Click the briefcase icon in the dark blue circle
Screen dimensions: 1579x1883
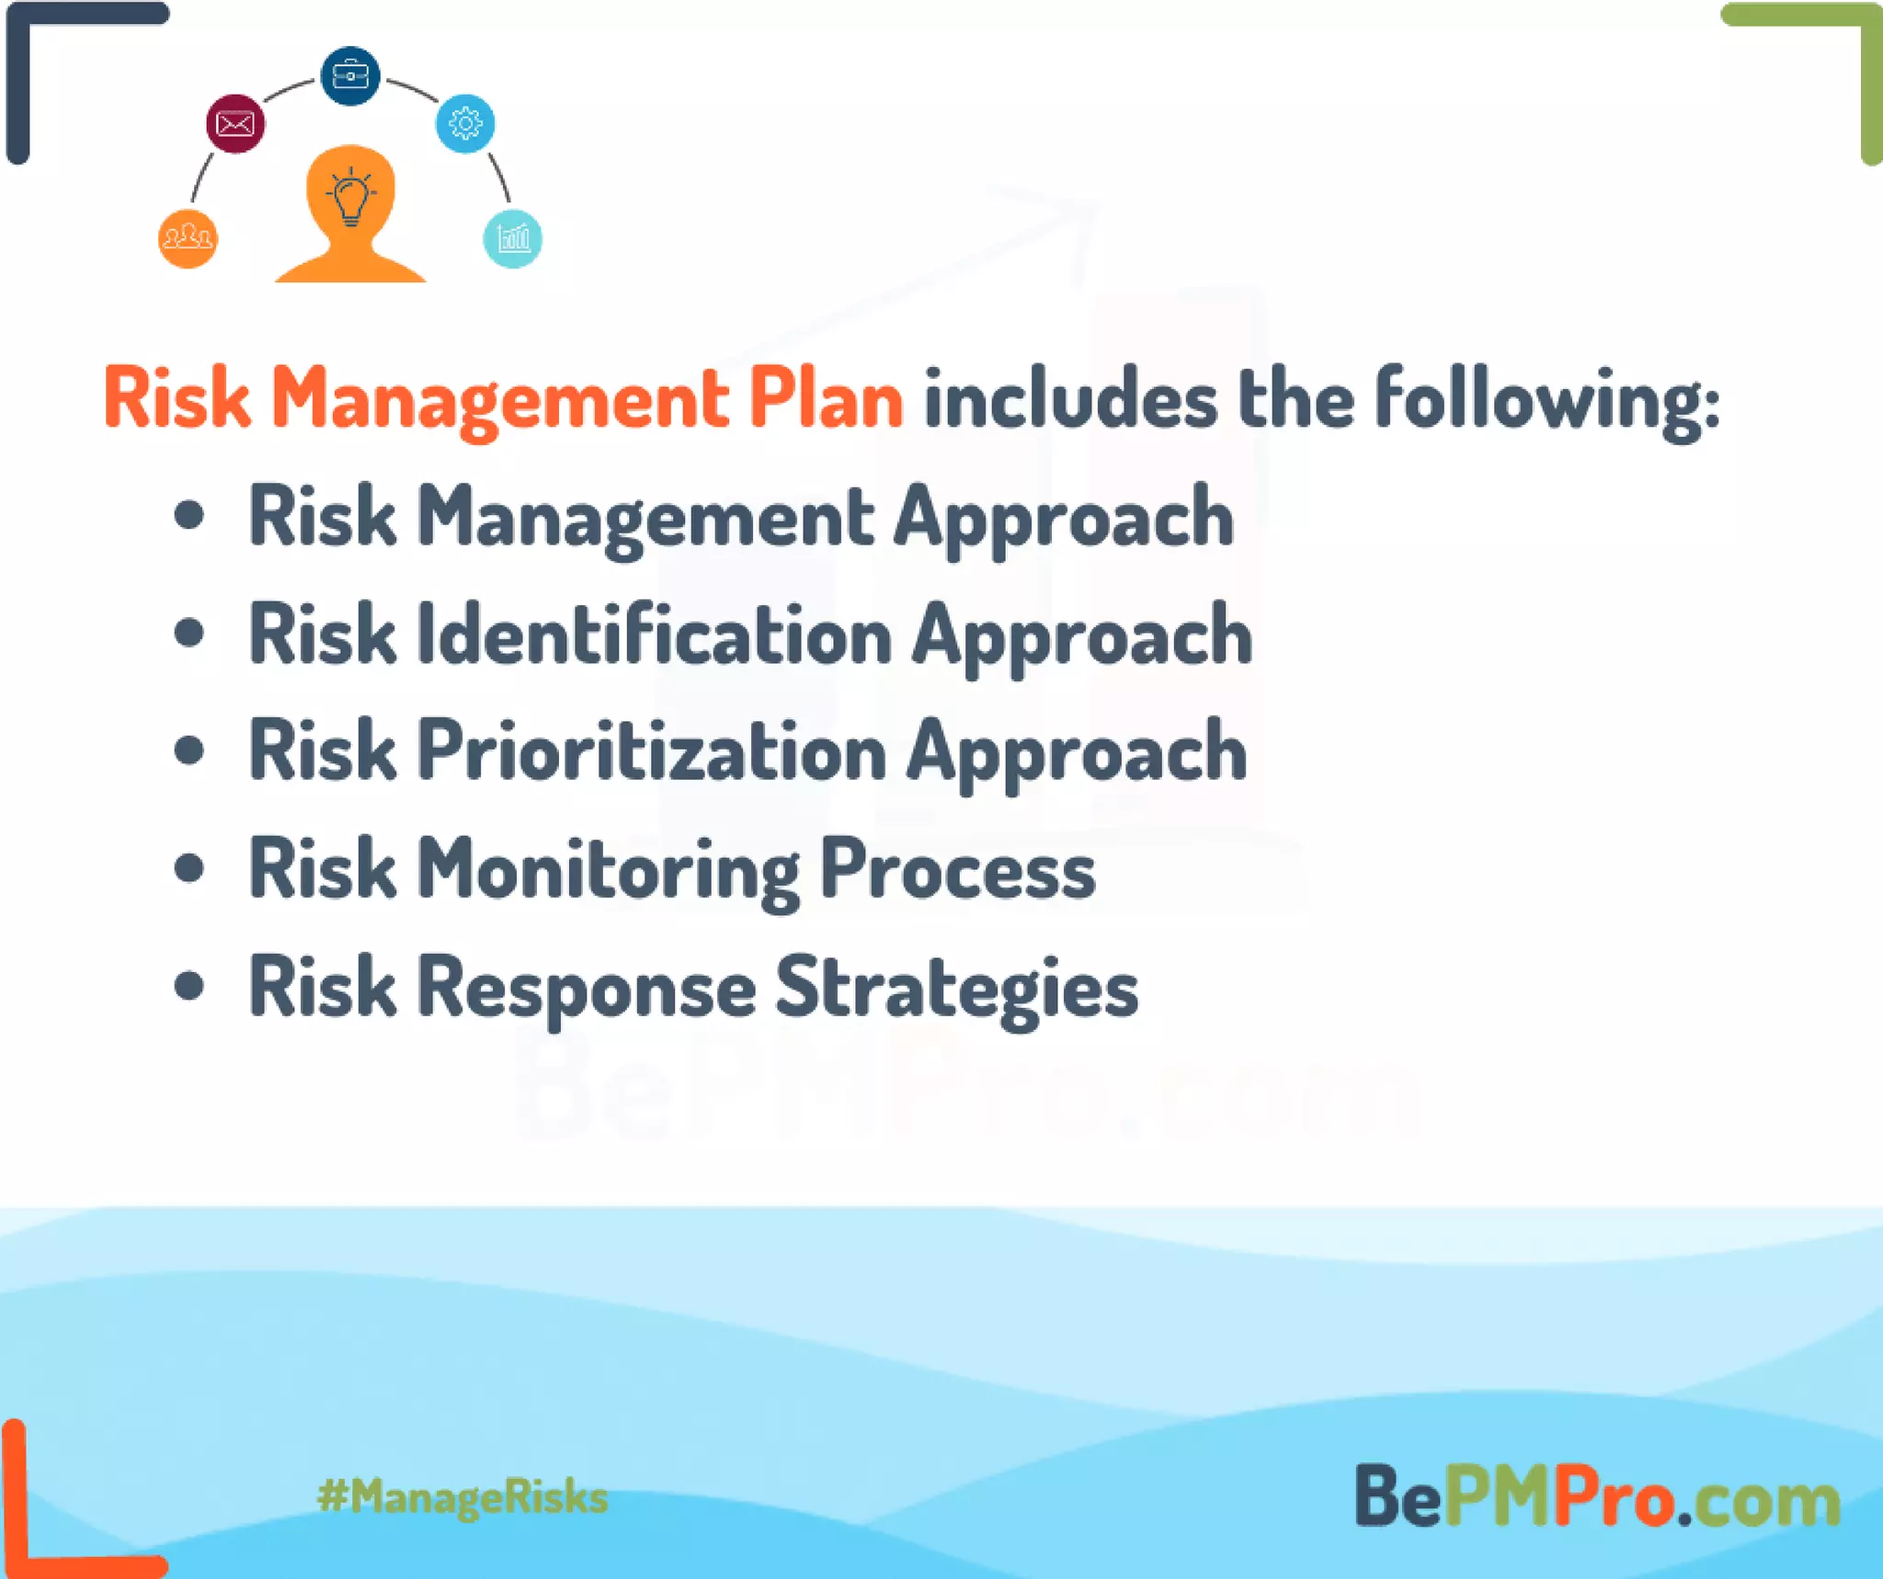(349, 75)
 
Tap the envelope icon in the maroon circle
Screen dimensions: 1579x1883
(235, 123)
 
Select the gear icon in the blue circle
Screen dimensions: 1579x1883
(465, 123)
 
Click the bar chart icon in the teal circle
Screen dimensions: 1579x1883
(512, 239)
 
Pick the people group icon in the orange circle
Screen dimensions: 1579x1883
(188, 239)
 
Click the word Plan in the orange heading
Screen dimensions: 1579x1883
(825, 399)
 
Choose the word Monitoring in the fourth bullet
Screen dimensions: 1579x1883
(609, 871)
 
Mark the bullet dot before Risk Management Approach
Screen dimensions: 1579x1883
(188, 516)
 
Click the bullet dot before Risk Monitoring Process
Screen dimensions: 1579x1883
(188, 868)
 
